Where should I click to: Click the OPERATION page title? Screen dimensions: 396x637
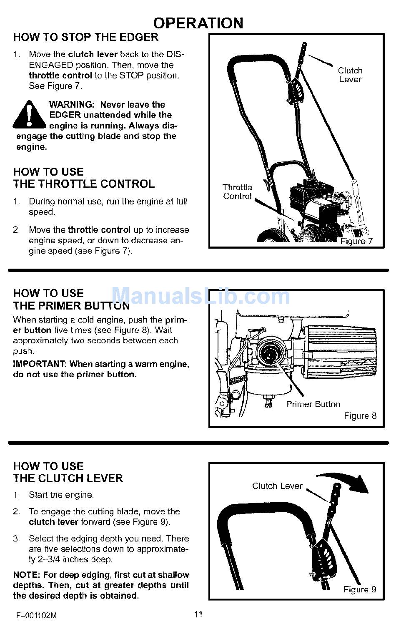pyautogui.click(x=198, y=23)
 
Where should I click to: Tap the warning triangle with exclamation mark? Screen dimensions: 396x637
pyautogui.click(x=29, y=115)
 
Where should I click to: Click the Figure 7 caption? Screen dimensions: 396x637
pyautogui.click(x=356, y=241)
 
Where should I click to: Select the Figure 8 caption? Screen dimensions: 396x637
pyautogui.click(x=360, y=416)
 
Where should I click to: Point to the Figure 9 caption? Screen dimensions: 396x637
pyautogui.click(x=360, y=589)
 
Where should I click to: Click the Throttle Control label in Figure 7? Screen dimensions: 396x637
pyautogui.click(x=237, y=192)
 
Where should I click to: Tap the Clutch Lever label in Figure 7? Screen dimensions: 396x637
pyautogui.click(x=350, y=75)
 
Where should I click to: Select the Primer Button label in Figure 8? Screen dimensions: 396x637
pyautogui.click(x=313, y=404)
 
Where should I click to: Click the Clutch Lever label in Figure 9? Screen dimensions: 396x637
pyautogui.click(x=277, y=486)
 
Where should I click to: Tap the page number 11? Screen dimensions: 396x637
pyautogui.click(x=198, y=614)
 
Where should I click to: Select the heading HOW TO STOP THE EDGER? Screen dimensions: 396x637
pyautogui.click(x=86, y=37)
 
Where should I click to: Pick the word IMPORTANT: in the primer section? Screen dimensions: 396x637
pyautogui.click(x=40, y=364)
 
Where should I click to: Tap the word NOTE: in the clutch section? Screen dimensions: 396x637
pyautogui.click(x=26, y=575)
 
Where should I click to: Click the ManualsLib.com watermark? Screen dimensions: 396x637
pyautogui.click(x=201, y=296)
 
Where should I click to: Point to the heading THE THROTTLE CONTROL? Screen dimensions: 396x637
pyautogui.click(x=84, y=184)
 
